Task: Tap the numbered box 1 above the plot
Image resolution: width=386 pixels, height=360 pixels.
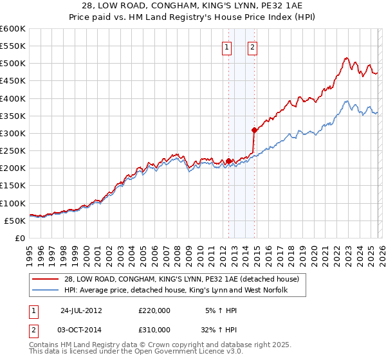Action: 228,47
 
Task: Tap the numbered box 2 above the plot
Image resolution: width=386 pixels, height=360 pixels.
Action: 253,47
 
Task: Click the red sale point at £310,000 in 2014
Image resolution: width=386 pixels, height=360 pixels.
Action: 255,130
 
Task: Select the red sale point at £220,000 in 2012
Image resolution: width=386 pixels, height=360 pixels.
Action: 229,161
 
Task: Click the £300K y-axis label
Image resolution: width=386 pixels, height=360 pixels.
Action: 13,133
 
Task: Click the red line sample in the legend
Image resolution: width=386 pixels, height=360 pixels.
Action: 46,280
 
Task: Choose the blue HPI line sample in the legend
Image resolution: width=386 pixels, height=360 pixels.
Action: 46,291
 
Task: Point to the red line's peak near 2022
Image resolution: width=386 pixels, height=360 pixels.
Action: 346,58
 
